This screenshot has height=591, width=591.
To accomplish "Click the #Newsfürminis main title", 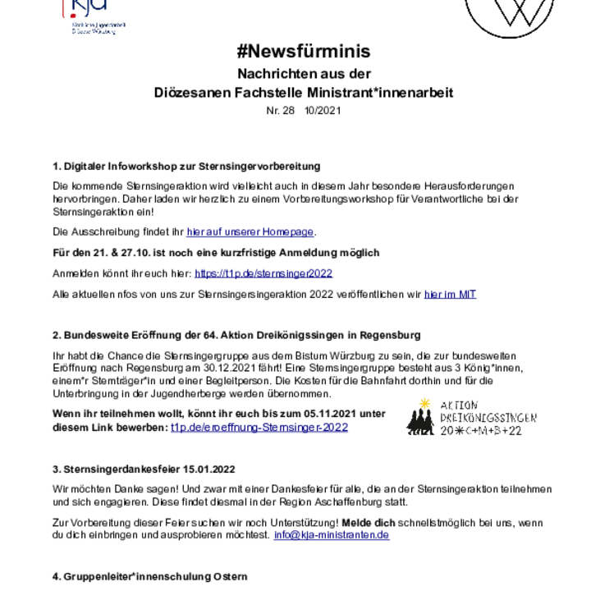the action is (304, 51).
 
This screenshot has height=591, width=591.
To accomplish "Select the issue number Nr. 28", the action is (280, 111).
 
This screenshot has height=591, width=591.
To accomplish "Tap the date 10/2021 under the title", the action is (323, 111).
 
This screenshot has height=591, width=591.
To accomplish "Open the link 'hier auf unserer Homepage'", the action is (250, 231).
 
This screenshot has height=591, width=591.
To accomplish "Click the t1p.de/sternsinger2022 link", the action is (263, 273).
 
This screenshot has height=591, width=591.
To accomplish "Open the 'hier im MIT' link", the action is (450, 294).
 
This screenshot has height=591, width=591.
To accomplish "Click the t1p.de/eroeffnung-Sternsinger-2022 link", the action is (259, 428).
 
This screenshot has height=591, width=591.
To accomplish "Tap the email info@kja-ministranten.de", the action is (332, 535).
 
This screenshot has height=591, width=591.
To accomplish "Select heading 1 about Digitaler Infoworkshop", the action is (186, 166).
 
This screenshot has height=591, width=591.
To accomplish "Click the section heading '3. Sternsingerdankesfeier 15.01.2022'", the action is (144, 470).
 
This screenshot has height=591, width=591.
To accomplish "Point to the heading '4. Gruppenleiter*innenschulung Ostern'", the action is (150, 576).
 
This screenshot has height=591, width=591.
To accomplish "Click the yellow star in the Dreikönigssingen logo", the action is (425, 403).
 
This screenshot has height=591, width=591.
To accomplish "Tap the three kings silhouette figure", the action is (420, 422).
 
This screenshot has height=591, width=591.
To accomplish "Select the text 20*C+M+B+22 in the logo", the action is (481, 430).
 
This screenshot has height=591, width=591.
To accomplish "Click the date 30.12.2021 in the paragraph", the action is (224, 368).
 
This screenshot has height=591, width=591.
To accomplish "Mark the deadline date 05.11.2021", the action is (330, 414).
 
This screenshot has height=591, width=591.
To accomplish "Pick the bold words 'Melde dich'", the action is (369, 523).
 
